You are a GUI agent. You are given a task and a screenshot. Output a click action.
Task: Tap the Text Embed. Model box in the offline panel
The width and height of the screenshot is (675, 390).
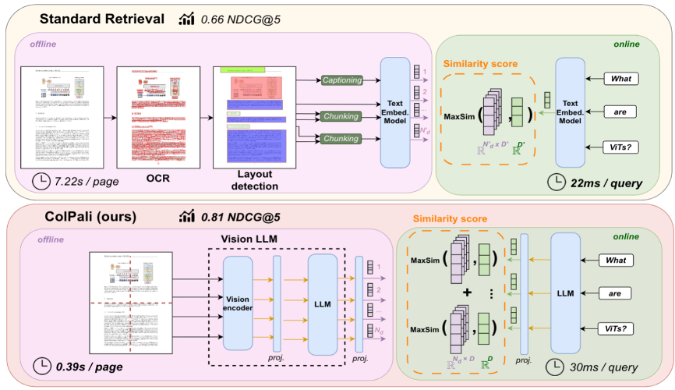click(395, 112)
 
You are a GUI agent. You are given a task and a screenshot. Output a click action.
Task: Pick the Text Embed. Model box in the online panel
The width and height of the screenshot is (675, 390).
click(570, 112)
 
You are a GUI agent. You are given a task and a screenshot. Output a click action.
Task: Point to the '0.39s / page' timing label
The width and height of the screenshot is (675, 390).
click(76, 366)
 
